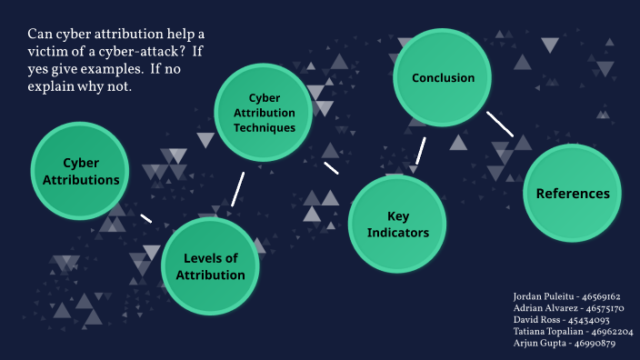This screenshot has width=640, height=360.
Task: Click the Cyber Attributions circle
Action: click(x=80, y=171)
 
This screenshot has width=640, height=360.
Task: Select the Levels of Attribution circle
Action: click(x=210, y=265)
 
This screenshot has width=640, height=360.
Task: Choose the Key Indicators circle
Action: click(x=397, y=225)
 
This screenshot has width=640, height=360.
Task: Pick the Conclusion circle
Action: click(x=443, y=78)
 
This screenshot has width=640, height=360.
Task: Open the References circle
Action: click(x=572, y=193)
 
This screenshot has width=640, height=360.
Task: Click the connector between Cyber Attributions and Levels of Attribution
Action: click(x=145, y=218)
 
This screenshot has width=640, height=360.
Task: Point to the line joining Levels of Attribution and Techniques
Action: click(x=238, y=188)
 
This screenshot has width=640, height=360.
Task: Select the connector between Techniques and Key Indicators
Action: click(x=331, y=168)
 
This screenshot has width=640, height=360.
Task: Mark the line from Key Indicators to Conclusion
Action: click(x=421, y=151)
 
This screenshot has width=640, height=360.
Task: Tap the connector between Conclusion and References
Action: click(x=499, y=125)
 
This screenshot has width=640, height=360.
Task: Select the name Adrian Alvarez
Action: click(x=541, y=308)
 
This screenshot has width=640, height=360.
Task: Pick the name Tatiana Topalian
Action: click(x=545, y=332)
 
